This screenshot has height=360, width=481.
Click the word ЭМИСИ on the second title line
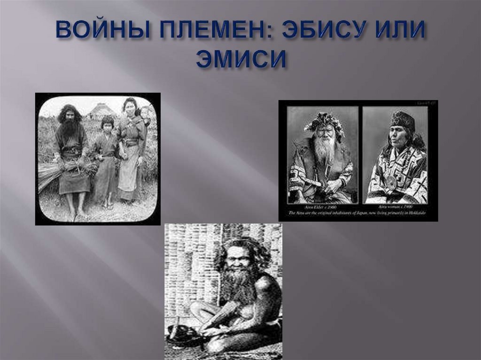click(240, 60)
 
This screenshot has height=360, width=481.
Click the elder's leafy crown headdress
click(324, 121)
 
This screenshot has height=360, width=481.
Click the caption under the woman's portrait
click(396, 207)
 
